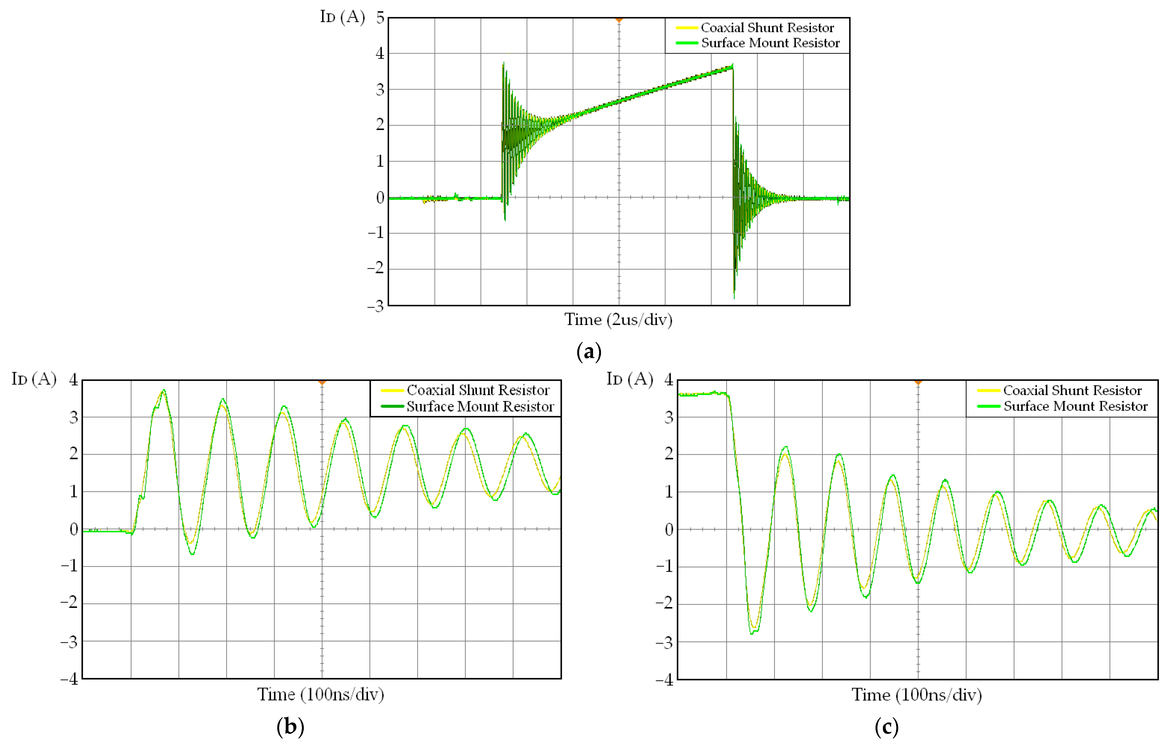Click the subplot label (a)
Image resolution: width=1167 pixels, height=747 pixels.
(x=589, y=352)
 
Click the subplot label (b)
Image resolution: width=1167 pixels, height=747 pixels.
(x=290, y=727)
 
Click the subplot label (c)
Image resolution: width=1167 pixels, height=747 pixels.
(x=886, y=727)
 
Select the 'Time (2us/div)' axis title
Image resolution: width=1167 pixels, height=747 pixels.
(x=618, y=320)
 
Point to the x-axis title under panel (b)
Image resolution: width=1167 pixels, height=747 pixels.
(x=321, y=694)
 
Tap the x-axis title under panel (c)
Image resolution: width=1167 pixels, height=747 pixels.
(x=917, y=695)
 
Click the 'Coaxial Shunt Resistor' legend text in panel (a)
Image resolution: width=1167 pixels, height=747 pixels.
(x=767, y=28)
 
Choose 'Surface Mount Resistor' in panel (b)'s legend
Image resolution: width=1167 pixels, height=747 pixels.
(x=480, y=406)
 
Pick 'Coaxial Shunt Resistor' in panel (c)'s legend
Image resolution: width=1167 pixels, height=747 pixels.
(x=1072, y=391)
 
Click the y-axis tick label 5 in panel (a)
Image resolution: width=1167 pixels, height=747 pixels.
(x=380, y=18)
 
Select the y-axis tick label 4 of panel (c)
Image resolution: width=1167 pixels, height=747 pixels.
(x=669, y=380)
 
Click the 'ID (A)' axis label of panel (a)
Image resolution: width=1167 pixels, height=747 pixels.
(x=342, y=17)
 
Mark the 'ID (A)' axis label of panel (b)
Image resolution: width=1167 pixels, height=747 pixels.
(x=34, y=379)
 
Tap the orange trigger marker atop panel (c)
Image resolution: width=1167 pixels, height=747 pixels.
(x=918, y=382)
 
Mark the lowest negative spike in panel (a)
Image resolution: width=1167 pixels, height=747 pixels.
(x=734, y=297)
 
